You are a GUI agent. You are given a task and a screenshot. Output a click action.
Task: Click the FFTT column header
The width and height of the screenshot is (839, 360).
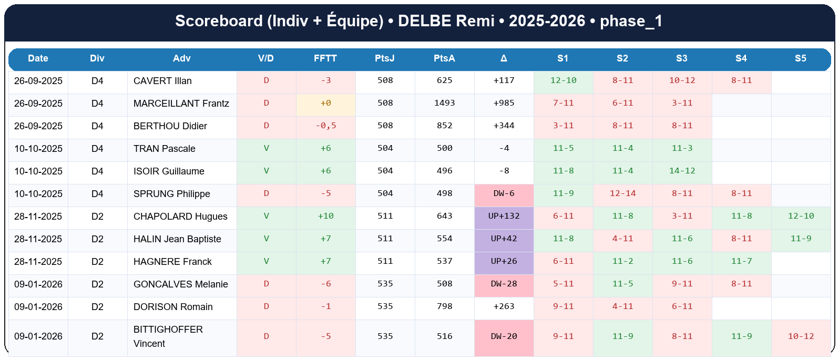325,58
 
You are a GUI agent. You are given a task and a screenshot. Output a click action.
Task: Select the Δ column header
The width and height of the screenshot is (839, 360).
504,58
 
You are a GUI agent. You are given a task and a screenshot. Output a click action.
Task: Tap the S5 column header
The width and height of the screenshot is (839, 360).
800,58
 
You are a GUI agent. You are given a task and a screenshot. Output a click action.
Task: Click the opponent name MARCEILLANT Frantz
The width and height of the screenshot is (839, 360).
181,104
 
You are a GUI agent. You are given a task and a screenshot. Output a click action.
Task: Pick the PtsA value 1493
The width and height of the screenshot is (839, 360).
444,103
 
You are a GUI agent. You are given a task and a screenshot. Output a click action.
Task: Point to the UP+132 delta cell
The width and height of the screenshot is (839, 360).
504,216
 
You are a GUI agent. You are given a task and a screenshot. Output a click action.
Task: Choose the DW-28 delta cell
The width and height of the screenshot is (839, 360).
504,284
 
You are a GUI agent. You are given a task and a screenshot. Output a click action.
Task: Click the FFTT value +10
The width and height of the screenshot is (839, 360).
325,216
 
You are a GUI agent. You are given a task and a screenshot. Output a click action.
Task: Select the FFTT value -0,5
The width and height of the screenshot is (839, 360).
325,126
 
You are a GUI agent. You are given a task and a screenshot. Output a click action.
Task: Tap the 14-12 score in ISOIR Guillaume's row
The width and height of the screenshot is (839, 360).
682,171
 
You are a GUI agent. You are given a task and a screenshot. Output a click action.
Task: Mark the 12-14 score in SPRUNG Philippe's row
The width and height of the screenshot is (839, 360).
622,193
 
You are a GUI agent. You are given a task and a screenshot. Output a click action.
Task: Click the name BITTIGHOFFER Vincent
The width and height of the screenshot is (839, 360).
168,336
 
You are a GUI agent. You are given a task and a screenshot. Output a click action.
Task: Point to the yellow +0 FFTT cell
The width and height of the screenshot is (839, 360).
325,103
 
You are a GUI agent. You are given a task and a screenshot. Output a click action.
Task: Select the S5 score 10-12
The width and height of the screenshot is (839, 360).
800,336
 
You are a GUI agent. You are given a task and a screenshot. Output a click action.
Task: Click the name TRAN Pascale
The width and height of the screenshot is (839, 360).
164,149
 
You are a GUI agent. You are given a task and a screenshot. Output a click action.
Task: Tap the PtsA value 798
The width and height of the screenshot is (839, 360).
444,306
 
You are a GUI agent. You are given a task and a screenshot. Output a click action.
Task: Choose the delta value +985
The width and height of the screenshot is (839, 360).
504,103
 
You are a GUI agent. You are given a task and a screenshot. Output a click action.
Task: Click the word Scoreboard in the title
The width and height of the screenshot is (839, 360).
219,21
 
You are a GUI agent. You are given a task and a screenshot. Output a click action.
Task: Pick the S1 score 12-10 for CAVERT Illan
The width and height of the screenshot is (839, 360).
563,80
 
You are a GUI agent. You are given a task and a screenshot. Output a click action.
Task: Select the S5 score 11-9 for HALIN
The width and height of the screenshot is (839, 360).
800,239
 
